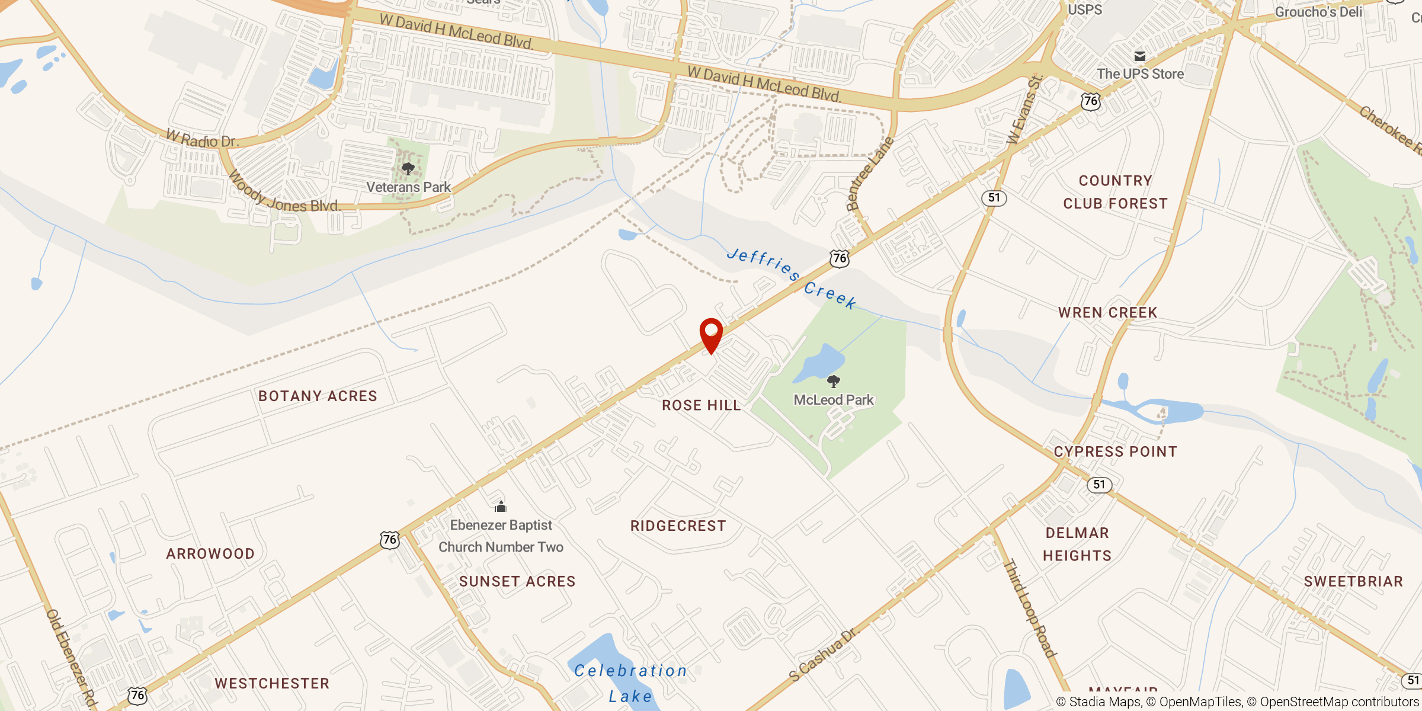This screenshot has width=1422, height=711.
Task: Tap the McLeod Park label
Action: click(x=834, y=400)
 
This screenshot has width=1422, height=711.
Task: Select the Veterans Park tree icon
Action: click(x=408, y=169)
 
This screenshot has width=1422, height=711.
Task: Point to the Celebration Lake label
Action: click(x=630, y=683)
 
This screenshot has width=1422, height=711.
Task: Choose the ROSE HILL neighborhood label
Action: click(x=702, y=405)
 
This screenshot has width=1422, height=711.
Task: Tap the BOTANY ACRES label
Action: click(x=318, y=396)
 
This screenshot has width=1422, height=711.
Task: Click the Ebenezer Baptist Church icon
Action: click(x=501, y=507)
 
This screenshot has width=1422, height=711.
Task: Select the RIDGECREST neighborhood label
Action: click(x=678, y=526)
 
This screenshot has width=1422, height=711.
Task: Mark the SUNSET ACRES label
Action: click(x=517, y=581)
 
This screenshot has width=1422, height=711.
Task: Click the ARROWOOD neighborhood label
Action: click(x=210, y=553)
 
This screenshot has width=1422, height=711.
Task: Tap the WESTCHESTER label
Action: click(x=272, y=683)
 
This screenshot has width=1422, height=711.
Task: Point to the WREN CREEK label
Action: click(x=1107, y=312)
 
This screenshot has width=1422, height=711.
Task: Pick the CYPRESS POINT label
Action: click(x=1115, y=451)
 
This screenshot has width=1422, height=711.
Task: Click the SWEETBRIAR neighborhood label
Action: click(x=1353, y=581)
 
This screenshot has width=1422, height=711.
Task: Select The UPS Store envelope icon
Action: click(x=1140, y=56)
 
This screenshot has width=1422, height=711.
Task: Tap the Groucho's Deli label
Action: click(x=1318, y=12)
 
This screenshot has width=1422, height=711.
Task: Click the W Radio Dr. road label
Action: click(x=203, y=140)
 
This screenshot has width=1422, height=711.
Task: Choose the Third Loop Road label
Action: click(x=1029, y=608)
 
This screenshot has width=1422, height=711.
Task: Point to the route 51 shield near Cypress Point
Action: click(x=1100, y=485)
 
